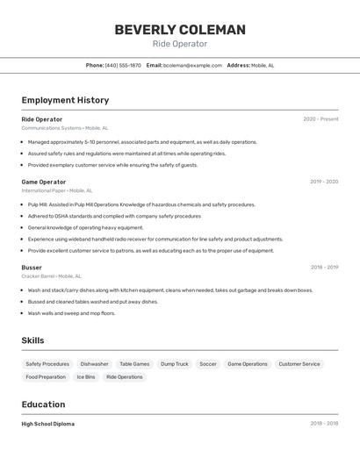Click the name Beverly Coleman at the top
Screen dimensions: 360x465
coord(180,30)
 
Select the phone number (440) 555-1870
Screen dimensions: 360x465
coord(123,65)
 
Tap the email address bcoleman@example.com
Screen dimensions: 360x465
coord(192,65)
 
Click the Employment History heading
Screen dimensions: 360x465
coord(65,100)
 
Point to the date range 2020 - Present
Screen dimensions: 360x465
coord(320,119)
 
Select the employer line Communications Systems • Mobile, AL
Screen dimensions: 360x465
coord(64,128)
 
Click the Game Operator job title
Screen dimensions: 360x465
coord(44,182)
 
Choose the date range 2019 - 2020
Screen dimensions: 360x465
coord(323,182)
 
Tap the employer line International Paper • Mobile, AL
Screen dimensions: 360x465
coord(57,190)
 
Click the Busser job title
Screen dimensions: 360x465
coord(32,267)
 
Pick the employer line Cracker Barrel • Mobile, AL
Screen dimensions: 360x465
coord(51,275)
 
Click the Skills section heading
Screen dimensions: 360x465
coord(32,340)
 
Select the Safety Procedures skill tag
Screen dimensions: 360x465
coord(47,363)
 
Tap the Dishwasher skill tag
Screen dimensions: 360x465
coord(94,363)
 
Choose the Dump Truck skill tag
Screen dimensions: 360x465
coord(174,363)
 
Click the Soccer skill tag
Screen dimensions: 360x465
coord(207,363)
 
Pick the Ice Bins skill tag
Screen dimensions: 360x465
coord(86,376)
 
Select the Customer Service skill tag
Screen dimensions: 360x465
coord(299,363)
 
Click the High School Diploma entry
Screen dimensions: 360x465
coord(48,424)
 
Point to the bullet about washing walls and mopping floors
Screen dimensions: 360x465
coord(71,313)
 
